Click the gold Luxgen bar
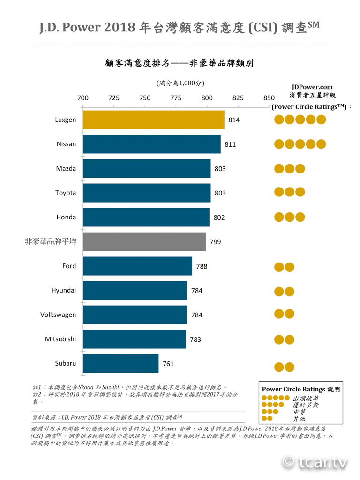(x=153, y=120)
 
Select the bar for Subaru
(x=120, y=363)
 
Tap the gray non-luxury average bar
(x=144, y=241)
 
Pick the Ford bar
(x=137, y=266)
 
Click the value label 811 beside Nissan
(x=230, y=144)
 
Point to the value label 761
(x=168, y=364)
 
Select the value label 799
(x=216, y=242)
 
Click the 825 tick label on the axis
(x=238, y=98)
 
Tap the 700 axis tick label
(x=82, y=98)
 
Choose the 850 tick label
(x=269, y=98)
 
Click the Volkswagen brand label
(x=58, y=315)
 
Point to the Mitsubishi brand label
(x=60, y=339)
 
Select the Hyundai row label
(x=64, y=290)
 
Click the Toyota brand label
(x=66, y=193)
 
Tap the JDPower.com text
(x=312, y=87)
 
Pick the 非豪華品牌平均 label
(x=51, y=241)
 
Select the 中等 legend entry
(x=299, y=412)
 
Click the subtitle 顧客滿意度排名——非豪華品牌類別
(x=180, y=63)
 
